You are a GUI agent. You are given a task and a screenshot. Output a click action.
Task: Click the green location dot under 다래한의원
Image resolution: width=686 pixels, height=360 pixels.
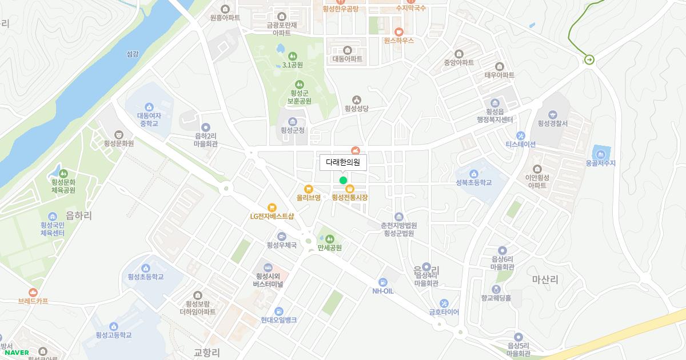(343, 180)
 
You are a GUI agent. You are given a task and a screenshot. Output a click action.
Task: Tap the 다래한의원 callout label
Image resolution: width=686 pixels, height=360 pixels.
(343, 162)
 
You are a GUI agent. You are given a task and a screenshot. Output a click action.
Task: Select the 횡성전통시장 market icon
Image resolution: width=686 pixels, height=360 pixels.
(349, 189)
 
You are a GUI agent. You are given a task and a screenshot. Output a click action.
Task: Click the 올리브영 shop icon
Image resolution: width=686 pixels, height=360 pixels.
(308, 189)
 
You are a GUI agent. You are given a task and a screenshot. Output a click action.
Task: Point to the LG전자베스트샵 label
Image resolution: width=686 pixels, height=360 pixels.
(272, 216)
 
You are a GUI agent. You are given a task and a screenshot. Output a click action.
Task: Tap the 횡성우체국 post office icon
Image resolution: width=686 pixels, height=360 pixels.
(281, 237)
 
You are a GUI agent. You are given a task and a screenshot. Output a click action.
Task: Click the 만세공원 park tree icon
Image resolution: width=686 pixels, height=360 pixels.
(329, 238)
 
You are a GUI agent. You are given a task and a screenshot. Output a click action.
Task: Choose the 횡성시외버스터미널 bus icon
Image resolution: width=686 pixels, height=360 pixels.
(268, 267)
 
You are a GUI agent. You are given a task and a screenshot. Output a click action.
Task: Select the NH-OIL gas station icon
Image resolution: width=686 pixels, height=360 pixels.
(383, 282)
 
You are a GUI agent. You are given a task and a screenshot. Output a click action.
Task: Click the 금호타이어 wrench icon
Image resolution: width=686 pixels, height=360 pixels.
(444, 303)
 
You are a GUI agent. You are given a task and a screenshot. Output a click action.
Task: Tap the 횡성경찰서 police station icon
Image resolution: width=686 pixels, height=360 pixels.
(552, 114)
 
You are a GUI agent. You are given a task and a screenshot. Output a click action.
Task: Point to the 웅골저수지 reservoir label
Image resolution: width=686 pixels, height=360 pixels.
(600, 163)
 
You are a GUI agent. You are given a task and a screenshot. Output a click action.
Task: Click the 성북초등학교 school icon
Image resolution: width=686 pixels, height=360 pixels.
(473, 174)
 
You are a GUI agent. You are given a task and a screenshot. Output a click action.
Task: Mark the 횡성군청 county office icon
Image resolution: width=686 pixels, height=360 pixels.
(293, 121)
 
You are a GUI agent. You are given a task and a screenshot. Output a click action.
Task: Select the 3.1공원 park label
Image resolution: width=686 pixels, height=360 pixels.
(293, 65)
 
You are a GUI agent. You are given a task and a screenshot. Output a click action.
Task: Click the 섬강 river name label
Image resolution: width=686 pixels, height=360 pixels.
(132, 54)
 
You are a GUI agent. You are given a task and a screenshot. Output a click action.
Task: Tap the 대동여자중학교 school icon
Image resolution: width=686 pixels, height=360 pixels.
(149, 106)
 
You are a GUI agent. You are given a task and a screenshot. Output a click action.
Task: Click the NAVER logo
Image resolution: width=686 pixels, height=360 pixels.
(17, 353)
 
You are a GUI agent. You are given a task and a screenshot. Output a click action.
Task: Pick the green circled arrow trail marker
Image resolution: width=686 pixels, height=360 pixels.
(589, 59)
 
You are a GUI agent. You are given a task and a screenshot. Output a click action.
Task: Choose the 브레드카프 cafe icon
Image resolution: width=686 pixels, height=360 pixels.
(33, 291)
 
